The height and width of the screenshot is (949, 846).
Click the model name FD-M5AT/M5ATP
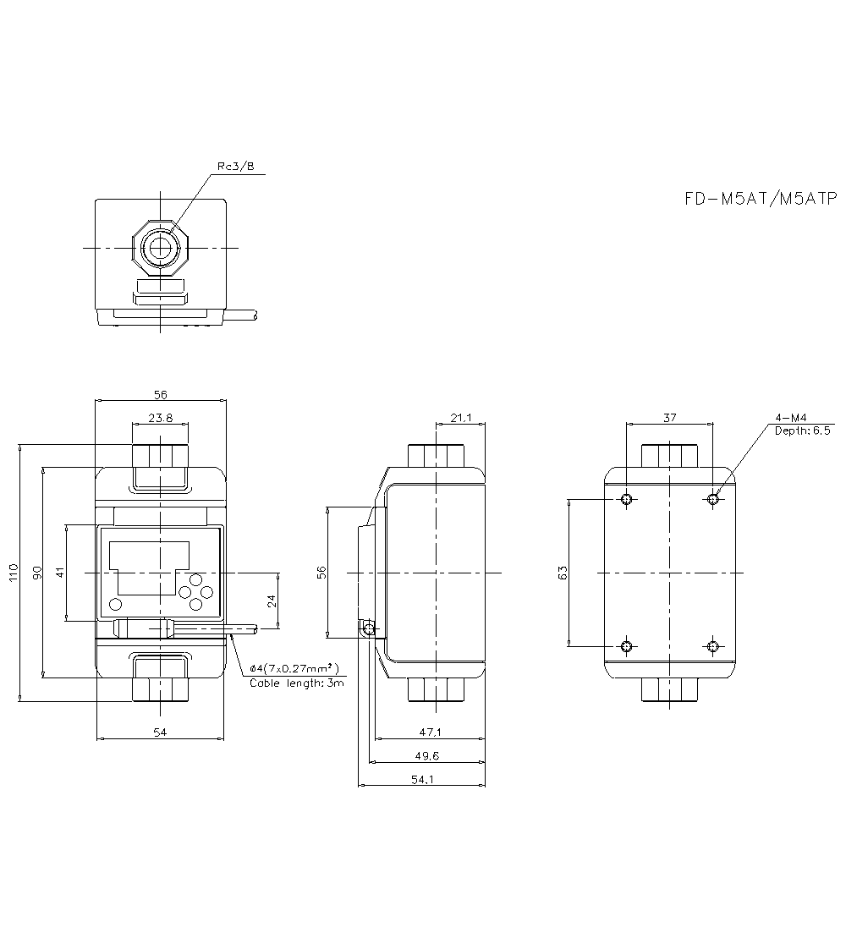point(760,199)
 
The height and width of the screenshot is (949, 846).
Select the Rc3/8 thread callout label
point(235,167)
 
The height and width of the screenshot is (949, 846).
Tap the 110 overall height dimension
point(12,573)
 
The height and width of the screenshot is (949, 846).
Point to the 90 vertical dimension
point(36,573)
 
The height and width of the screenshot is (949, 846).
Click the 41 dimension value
point(60,573)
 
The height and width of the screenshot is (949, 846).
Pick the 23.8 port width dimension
point(160,417)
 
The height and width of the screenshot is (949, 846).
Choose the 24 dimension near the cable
point(272,601)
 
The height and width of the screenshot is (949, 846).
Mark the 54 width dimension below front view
point(160,732)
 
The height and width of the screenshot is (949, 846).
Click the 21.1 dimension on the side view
point(461,417)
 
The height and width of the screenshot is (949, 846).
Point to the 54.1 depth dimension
point(422,780)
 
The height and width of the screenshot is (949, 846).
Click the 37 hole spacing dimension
point(669,417)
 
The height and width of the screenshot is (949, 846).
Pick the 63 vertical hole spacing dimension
point(563,573)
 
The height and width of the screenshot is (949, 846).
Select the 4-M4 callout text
point(791,418)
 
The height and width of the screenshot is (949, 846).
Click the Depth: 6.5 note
point(803,431)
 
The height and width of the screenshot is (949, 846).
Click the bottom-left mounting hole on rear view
point(626,647)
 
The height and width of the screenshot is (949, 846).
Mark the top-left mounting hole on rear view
point(626,499)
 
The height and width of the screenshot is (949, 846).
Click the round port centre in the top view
point(159,248)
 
